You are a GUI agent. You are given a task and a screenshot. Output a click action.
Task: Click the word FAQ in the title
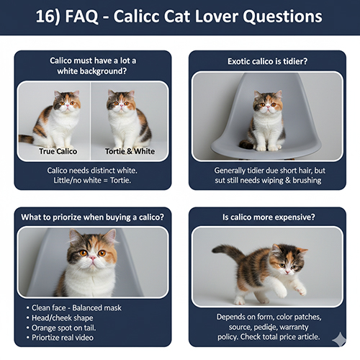tap(89, 17)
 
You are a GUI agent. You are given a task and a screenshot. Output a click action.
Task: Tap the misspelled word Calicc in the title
tap(148, 17)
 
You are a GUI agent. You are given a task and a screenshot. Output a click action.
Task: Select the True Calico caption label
tap(58, 151)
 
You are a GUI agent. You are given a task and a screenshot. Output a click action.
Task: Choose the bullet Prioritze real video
tap(64, 338)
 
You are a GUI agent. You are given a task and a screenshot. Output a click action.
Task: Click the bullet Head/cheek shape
tap(62, 318)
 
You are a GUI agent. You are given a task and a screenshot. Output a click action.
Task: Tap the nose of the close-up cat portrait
tap(93, 260)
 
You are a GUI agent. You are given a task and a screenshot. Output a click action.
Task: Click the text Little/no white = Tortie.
tap(92, 180)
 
